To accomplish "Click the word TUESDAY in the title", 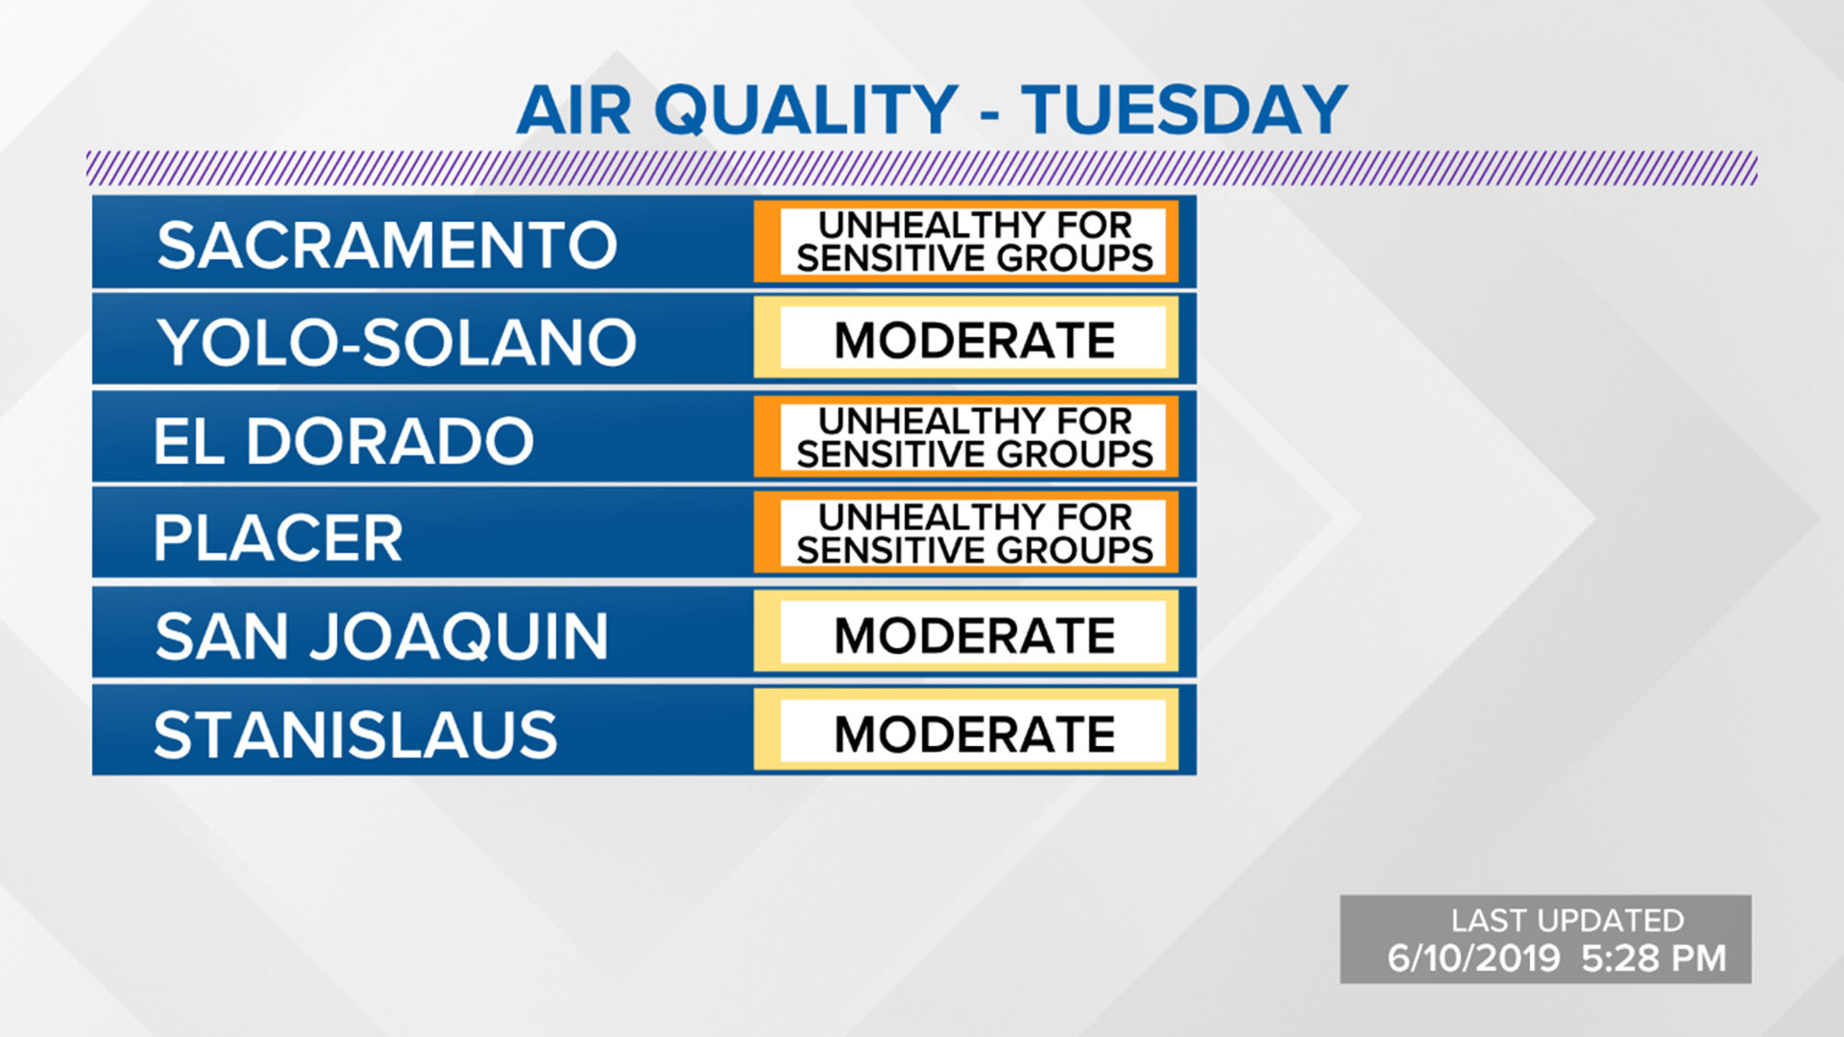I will click(1183, 110).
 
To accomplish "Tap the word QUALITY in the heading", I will click(806, 110).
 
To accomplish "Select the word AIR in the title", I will click(573, 110).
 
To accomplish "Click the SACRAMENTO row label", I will click(387, 245).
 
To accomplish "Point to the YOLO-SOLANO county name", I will click(397, 343).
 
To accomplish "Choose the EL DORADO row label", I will click(344, 441).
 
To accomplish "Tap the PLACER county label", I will click(279, 538).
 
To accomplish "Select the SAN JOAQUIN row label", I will click(381, 637).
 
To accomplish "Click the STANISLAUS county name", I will click(355, 736).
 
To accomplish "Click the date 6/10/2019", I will click(1473, 958).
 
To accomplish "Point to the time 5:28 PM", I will click(1653, 958).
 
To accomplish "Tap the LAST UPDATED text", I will click(1567, 921).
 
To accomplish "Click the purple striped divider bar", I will click(922, 168).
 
